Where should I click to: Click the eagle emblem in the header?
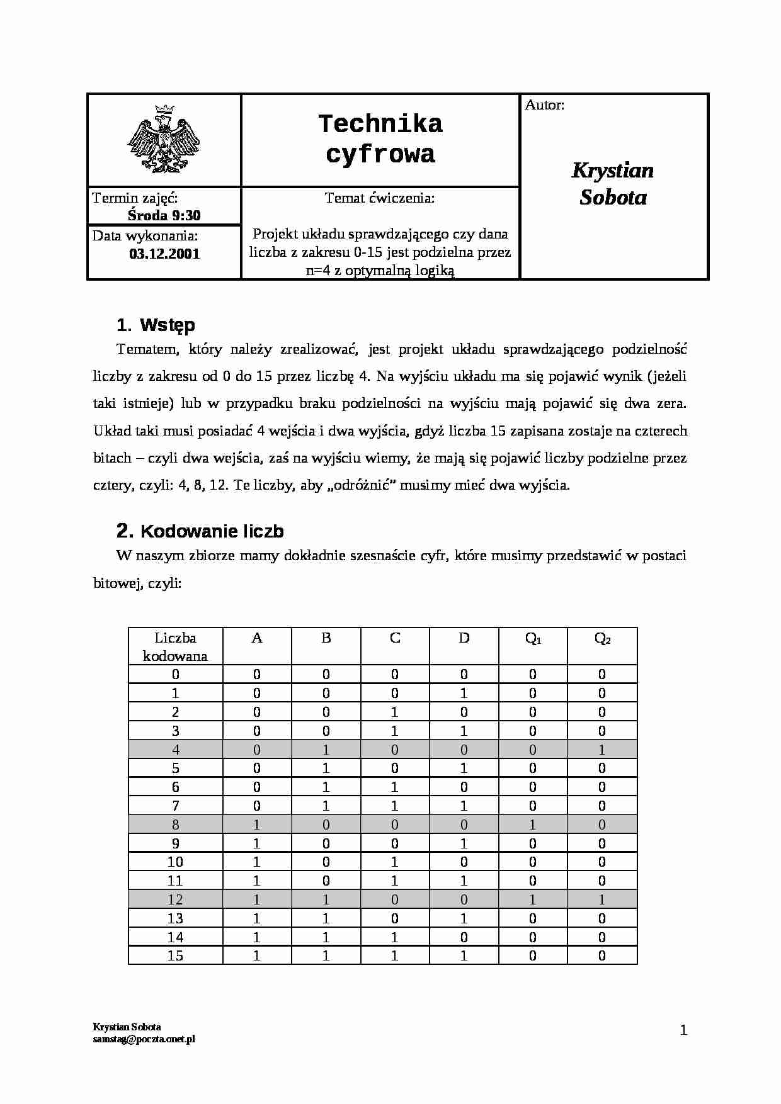pos(164,139)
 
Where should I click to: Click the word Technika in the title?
pos(380,124)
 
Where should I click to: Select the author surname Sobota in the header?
pos(613,198)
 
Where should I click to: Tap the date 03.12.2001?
pos(164,254)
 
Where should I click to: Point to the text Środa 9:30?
pos(164,215)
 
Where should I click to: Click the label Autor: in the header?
pos(545,105)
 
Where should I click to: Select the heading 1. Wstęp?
pos(156,325)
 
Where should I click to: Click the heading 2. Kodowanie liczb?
pos(200,531)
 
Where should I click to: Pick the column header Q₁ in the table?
pos(533,638)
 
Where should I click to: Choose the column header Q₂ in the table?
pos(602,638)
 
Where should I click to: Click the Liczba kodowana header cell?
pos(175,646)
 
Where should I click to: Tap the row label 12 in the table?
pos(175,899)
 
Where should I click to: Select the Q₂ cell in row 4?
pos(602,750)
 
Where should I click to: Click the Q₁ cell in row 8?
pos(533,825)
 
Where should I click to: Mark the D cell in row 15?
pos(464,955)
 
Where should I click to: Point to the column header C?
pos(395,638)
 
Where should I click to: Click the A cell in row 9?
pos(256,843)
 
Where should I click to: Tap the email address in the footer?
pos(144,1039)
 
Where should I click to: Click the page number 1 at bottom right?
pos(683,1030)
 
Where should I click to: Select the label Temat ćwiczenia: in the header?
pos(380,198)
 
